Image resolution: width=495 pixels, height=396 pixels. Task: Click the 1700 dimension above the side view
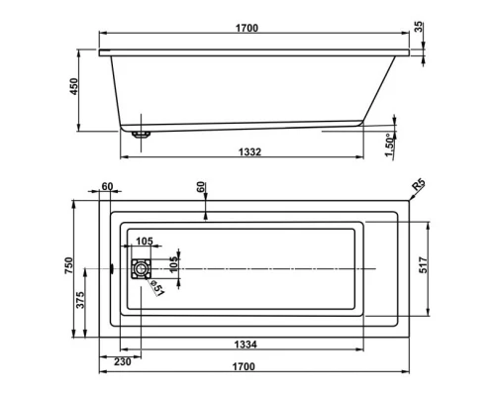coord(247,29)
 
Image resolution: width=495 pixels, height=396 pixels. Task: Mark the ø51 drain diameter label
coord(157,288)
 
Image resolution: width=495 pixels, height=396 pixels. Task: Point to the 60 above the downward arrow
coord(203,186)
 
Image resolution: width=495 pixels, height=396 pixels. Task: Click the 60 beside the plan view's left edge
coord(107,186)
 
